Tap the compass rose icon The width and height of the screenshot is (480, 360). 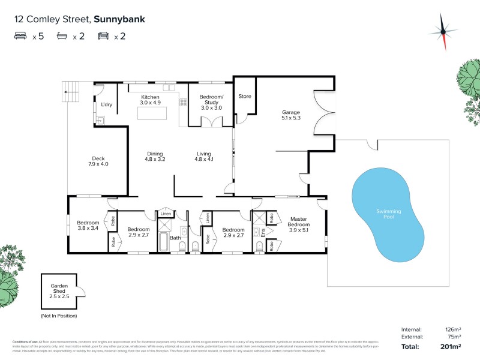tap(443, 31)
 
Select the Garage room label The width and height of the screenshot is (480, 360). tap(291, 116)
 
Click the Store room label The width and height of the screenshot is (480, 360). tap(245, 96)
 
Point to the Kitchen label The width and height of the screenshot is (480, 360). tap(150, 100)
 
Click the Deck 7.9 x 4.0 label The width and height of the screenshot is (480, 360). tap(98, 161)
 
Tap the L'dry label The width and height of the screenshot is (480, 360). tap(107, 105)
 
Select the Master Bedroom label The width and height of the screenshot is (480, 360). tap(299, 223)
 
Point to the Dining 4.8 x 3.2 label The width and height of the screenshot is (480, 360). tap(154, 156)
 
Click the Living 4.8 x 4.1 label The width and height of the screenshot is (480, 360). tap(204, 156)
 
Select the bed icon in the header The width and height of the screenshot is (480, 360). tap(21, 36)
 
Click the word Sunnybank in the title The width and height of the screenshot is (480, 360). tap(119, 19)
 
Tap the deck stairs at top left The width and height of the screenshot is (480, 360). tap(64, 92)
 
